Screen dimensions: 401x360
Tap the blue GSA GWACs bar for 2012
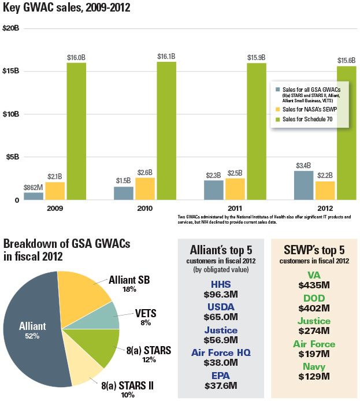tap(303, 185)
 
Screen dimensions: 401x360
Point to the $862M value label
tap(34, 188)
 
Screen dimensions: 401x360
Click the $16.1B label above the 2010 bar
tap(166, 57)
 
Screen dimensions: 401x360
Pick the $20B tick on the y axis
tap(11, 28)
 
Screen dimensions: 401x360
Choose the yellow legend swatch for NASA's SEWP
tap(277, 109)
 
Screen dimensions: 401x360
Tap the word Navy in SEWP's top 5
tap(314, 366)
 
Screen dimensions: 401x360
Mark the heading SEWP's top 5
tap(315, 250)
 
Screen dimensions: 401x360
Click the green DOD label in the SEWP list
tap(314, 298)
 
